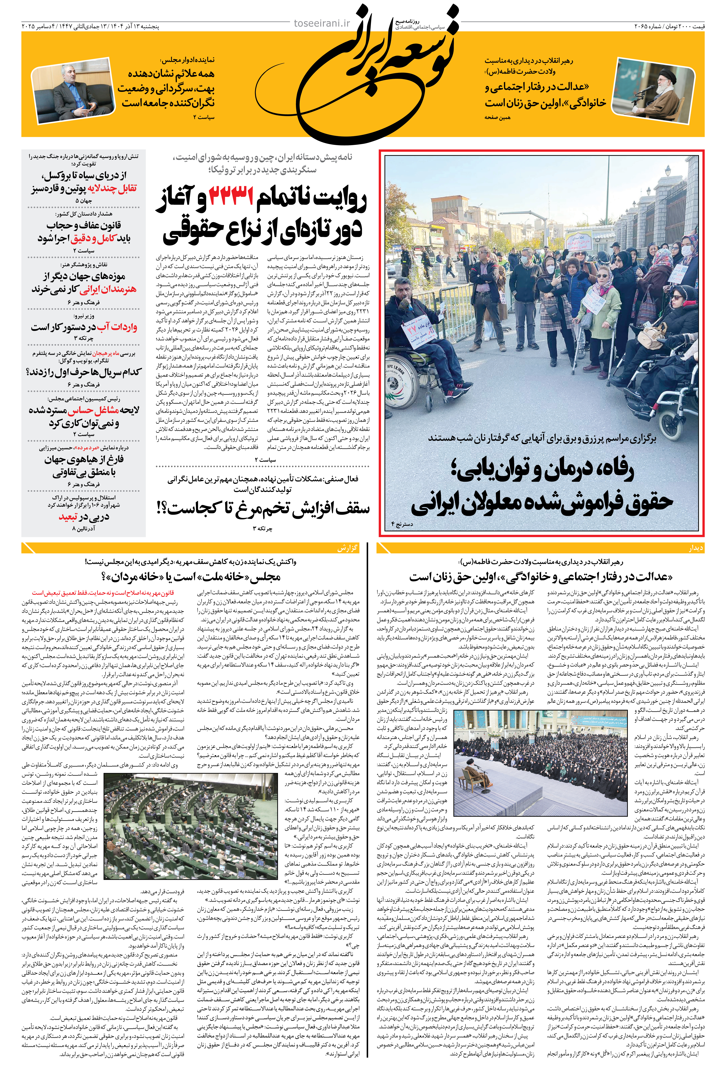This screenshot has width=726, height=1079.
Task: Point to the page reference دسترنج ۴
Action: (x=402, y=524)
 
